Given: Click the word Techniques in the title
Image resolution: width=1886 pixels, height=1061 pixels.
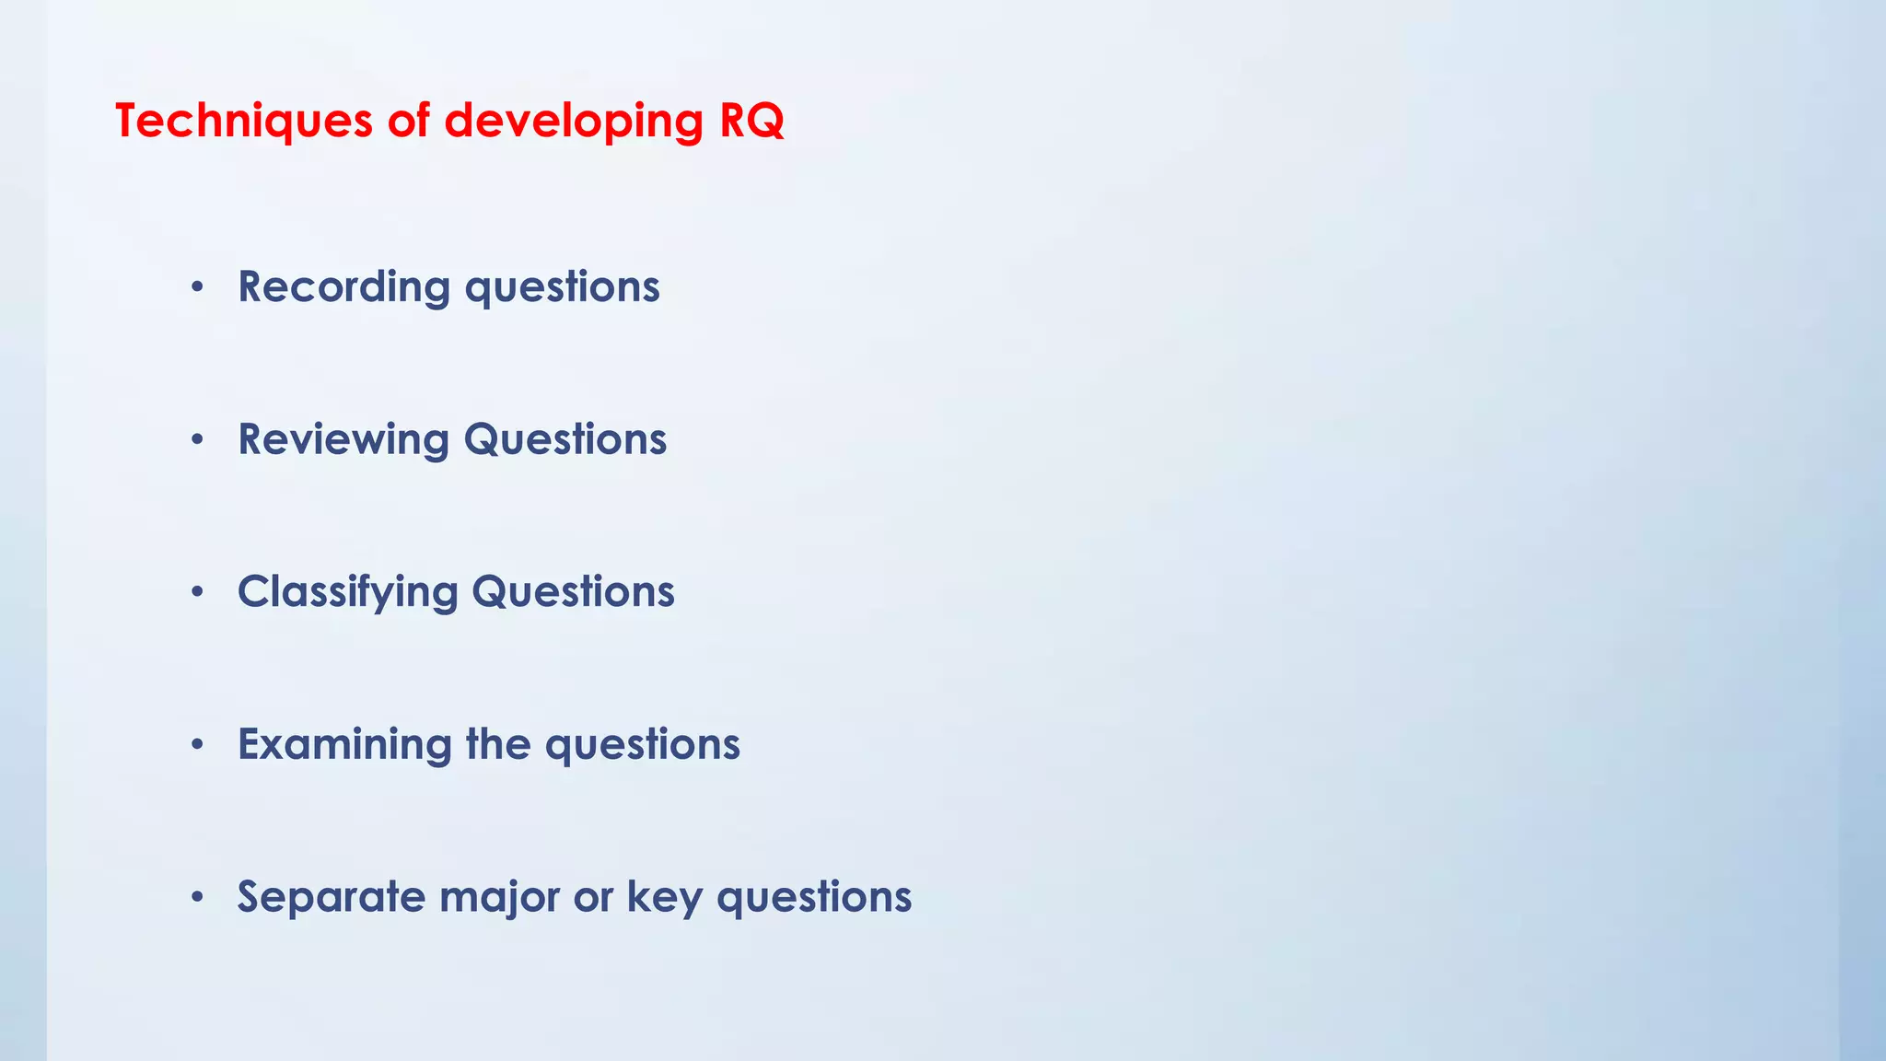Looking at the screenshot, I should pos(243,121).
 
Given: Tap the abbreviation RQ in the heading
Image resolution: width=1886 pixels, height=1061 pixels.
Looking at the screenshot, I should pos(751,121).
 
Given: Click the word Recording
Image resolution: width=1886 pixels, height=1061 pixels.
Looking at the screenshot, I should pos(343,286).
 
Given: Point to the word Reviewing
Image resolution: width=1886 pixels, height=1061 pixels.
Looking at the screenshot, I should pos(343,439).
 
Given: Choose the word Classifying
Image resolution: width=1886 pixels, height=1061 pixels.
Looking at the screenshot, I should pos(347,592).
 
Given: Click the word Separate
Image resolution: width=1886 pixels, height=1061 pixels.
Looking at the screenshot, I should pos(332,896).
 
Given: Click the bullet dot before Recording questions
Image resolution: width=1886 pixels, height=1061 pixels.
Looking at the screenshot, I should pos(196,288).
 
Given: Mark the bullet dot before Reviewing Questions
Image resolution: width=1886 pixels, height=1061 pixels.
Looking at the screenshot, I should pos(196,440).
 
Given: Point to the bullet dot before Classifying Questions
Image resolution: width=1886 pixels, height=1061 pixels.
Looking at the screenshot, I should pos(196,593).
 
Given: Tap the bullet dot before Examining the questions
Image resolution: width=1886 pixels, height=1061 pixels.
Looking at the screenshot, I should pos(196,745).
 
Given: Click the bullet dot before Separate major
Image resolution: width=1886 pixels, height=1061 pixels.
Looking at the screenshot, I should pos(196,898).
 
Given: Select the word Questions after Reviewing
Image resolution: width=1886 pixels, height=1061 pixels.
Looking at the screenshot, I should pos(565,439).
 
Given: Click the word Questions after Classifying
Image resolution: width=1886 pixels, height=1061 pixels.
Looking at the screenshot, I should pos(573,592).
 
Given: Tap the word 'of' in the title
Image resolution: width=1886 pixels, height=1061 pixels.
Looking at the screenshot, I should pos(408,121).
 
